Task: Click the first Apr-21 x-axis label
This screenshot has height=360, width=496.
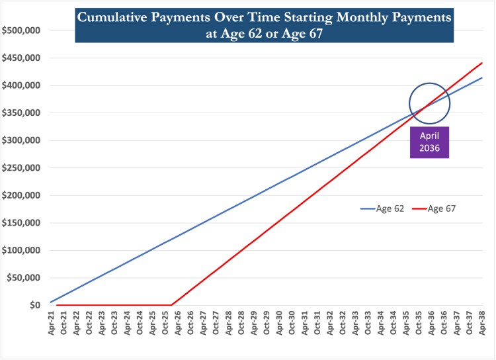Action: [52, 324]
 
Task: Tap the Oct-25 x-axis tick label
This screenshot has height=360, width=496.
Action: [165, 324]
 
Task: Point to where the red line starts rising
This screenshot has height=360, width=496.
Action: [171, 305]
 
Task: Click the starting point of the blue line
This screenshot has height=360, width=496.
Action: [50, 302]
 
